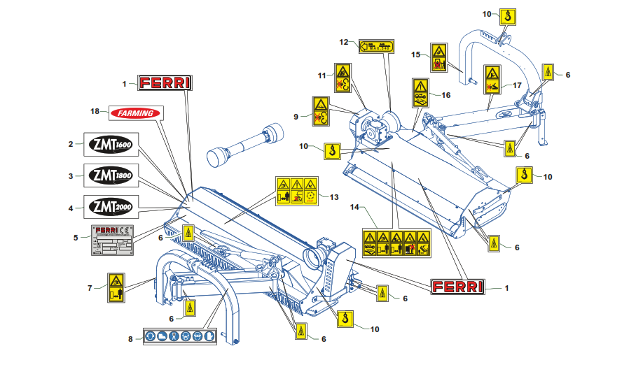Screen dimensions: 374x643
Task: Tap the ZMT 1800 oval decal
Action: [x=111, y=175]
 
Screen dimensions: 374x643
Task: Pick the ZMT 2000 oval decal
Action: [x=111, y=207]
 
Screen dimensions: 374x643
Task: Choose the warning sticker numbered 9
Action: [x=320, y=112]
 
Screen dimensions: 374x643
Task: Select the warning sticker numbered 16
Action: [x=420, y=93]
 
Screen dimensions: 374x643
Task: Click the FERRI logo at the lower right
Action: [x=457, y=287]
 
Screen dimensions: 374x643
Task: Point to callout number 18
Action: [x=95, y=112]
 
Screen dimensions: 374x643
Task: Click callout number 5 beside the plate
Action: [x=75, y=237]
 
